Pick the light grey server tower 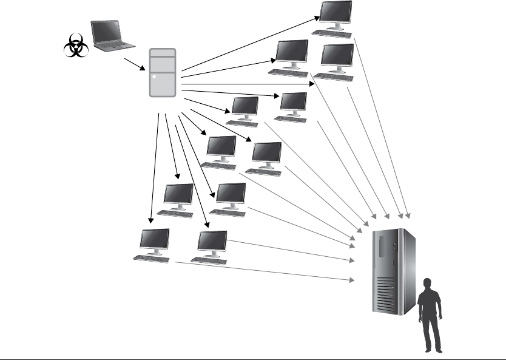[x=163, y=73]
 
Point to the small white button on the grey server [x=155, y=77]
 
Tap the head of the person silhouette [x=428, y=284]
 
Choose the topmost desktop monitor [x=336, y=13]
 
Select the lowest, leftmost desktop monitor [x=154, y=241]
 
